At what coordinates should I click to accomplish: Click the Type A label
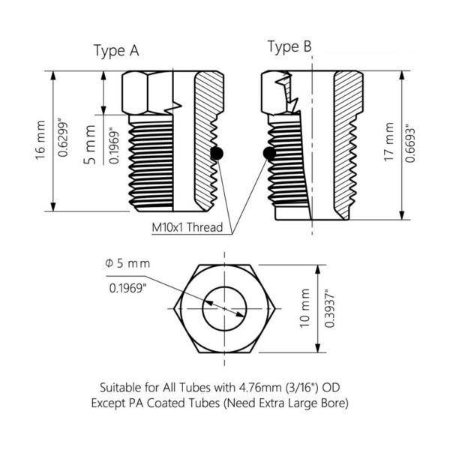pos(115,50)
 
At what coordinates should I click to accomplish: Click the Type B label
pos(289,47)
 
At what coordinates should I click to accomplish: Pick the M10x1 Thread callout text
pos(188,227)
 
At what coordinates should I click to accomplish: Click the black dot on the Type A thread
pos(217,154)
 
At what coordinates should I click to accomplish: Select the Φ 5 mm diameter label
pos(128,263)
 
